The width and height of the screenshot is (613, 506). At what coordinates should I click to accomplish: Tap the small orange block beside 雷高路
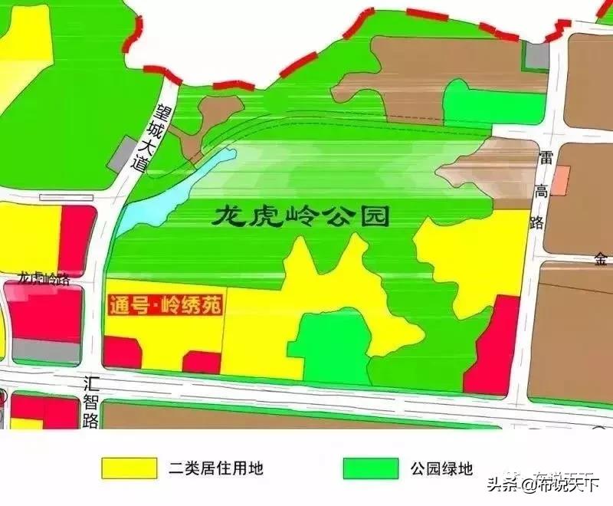tap(562, 179)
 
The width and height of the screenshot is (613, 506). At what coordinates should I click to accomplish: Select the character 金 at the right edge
tap(599, 259)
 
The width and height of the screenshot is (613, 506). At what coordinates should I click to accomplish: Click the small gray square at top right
tap(537, 54)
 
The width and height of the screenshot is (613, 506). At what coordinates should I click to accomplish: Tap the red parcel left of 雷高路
tap(494, 349)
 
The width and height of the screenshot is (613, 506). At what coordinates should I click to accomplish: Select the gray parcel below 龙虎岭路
tap(46, 350)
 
